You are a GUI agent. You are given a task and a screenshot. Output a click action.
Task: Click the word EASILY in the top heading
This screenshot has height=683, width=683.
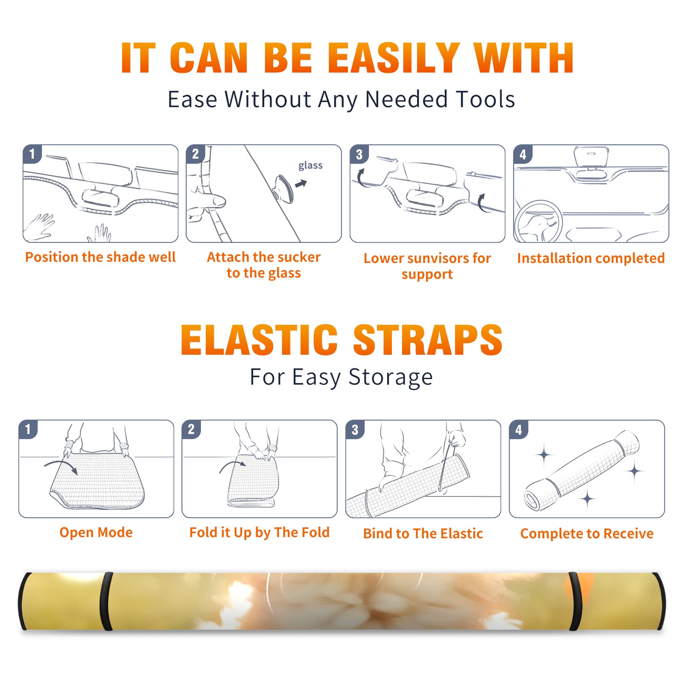[x=394, y=58]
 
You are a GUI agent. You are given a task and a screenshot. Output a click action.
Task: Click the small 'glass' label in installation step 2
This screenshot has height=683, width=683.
[x=310, y=166]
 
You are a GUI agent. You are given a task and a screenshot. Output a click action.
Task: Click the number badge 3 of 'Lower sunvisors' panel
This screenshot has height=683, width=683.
[x=359, y=154]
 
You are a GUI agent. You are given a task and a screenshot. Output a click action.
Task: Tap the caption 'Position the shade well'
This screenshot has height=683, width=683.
[x=100, y=257]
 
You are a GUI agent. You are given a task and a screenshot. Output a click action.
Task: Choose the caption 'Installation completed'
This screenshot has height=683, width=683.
[x=591, y=258]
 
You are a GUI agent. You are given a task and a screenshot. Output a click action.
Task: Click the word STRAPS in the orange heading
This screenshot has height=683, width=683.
[x=428, y=340]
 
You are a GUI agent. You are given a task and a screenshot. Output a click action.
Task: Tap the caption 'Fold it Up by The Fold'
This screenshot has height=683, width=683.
[x=260, y=532]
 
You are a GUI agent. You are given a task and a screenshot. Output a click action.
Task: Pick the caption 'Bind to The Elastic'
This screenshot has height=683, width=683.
[x=423, y=534]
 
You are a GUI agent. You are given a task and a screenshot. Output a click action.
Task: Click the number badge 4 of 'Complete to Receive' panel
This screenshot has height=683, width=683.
[x=519, y=429]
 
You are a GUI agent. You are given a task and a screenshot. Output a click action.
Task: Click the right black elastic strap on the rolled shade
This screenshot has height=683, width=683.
[x=575, y=601]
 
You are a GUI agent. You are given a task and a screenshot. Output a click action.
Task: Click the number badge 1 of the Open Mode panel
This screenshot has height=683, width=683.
[x=28, y=429]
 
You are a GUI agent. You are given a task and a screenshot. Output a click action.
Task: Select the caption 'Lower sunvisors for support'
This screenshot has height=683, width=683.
[x=427, y=266]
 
